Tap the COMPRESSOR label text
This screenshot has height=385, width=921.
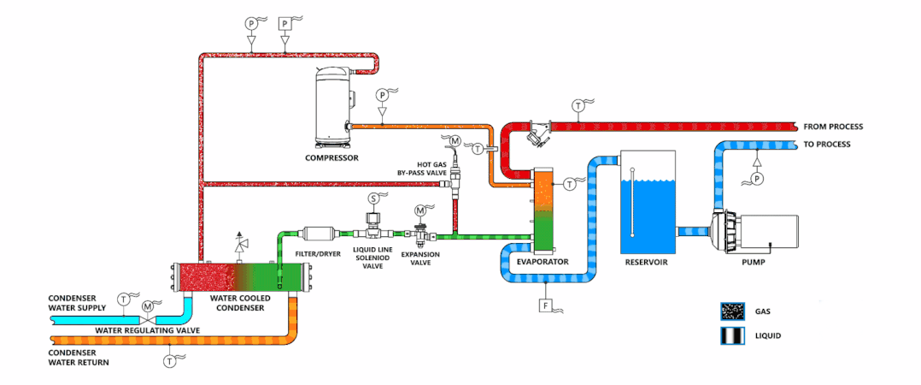[331, 157]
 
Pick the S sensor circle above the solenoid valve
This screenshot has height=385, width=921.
[373, 198]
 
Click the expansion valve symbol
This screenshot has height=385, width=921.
[420, 233]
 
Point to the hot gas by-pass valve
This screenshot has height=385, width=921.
[455, 179]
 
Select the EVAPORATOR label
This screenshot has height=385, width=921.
[543, 261]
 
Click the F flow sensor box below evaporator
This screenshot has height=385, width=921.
[543, 305]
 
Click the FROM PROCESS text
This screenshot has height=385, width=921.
[833, 127]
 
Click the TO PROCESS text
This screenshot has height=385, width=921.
[827, 145]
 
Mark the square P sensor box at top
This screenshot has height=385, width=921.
[285, 24]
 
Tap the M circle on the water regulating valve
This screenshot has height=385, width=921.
[148, 305]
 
